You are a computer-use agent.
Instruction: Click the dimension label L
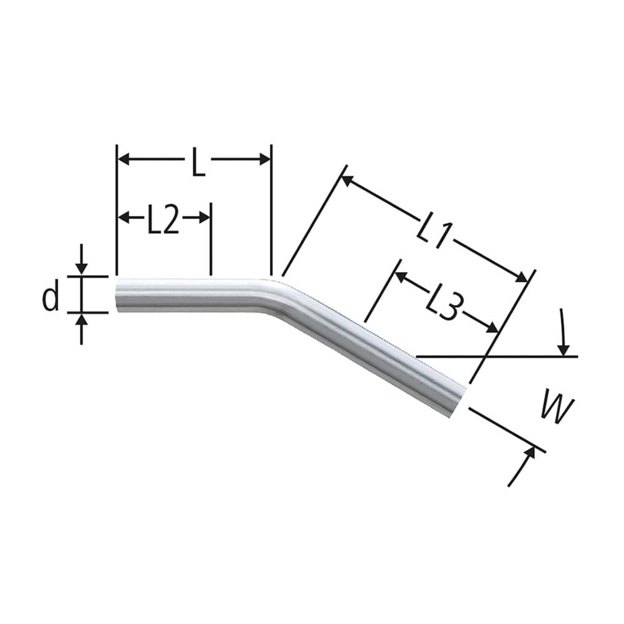[x=198, y=164]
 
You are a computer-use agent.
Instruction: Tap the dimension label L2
[x=163, y=221]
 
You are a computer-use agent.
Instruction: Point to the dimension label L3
[x=445, y=305]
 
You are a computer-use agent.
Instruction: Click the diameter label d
[x=51, y=297]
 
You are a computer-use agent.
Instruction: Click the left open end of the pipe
[x=119, y=295]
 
